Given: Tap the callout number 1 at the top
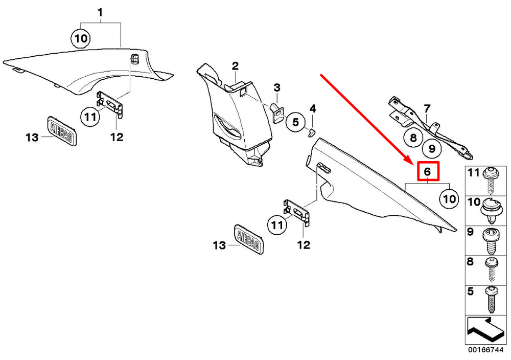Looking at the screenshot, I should (100, 12).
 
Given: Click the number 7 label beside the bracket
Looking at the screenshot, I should (427, 108).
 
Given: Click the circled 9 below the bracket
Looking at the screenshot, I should (432, 149).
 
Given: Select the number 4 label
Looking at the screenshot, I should (313, 108).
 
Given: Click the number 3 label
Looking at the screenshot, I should (276, 87).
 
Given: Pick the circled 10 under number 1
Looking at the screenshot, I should (81, 38).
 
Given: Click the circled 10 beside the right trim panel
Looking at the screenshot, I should (450, 198).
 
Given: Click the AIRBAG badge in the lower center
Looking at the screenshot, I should (249, 238).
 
